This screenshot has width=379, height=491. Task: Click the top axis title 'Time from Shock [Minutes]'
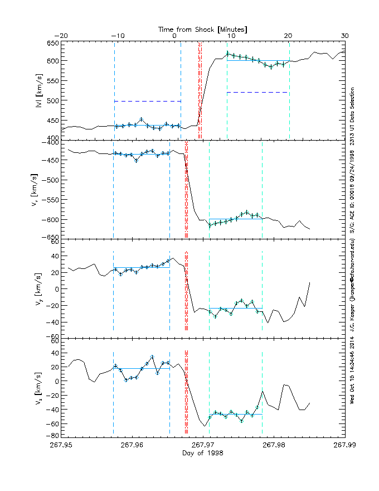coord(203,28)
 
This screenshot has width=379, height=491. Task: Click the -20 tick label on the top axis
coord(61,36)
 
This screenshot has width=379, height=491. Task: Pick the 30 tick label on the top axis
coord(344,36)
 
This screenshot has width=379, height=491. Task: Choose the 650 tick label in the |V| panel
coord(51,44)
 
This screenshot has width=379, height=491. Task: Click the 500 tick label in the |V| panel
coord(51,100)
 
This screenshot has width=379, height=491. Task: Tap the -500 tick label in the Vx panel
coord(50,180)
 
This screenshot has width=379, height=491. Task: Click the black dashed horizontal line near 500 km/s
coord(147,101)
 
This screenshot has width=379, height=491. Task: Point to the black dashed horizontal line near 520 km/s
coord(257,92)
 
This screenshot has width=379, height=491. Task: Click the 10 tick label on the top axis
coord(231,36)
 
